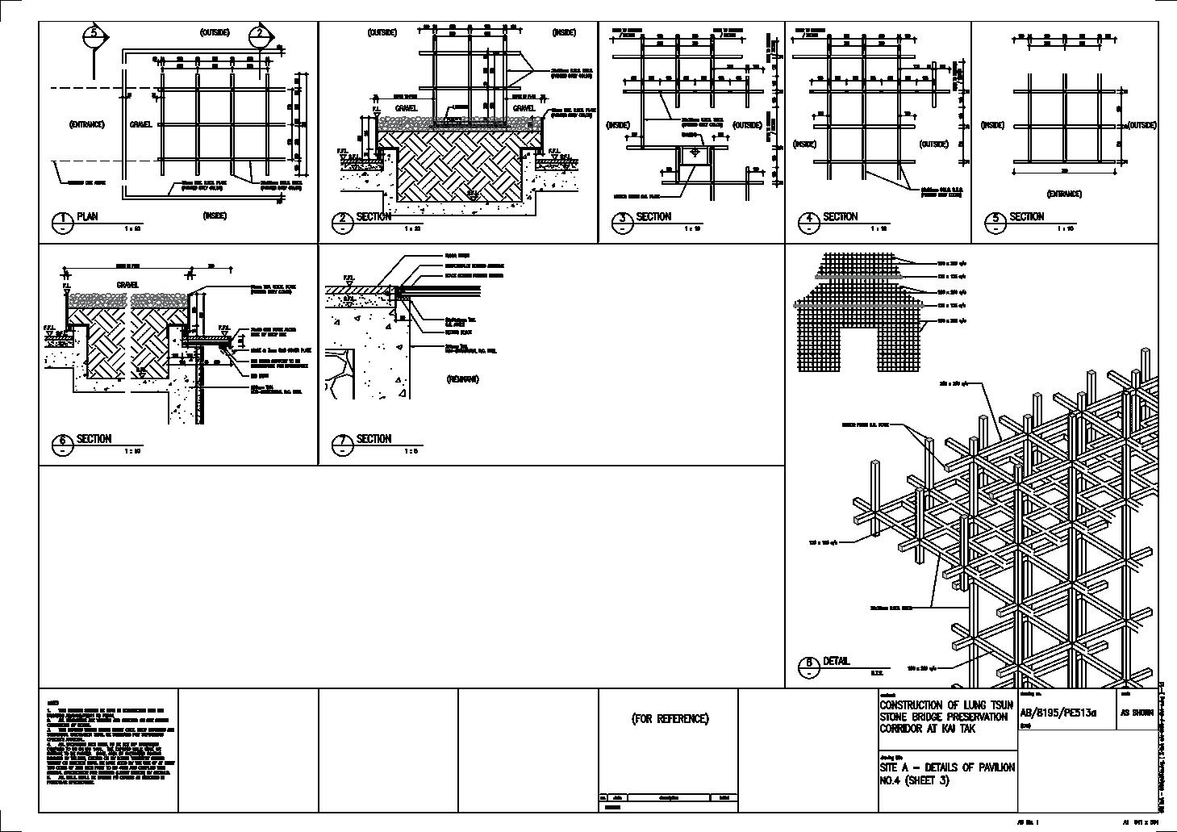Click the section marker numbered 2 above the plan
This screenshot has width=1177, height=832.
[260, 35]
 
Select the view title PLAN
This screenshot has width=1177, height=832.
[87, 217]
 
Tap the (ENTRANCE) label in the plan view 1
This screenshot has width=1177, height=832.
[86, 124]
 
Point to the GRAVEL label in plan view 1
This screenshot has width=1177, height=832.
[140, 125]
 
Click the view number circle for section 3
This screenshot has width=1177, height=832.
[622, 222]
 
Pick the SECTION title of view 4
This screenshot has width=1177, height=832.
[840, 217]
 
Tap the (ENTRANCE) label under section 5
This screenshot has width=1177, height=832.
[1064, 194]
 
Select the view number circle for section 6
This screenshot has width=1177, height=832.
[62, 444]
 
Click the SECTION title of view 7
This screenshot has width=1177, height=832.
[374, 439]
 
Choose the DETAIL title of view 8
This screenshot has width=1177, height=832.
[836, 661]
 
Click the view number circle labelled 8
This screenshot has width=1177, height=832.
[808, 667]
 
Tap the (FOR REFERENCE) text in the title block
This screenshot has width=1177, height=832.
[670, 718]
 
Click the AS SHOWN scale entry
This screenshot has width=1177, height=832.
[1137, 713]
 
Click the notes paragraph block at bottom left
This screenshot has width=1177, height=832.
[108, 742]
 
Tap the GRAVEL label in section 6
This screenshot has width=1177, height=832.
[127, 285]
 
